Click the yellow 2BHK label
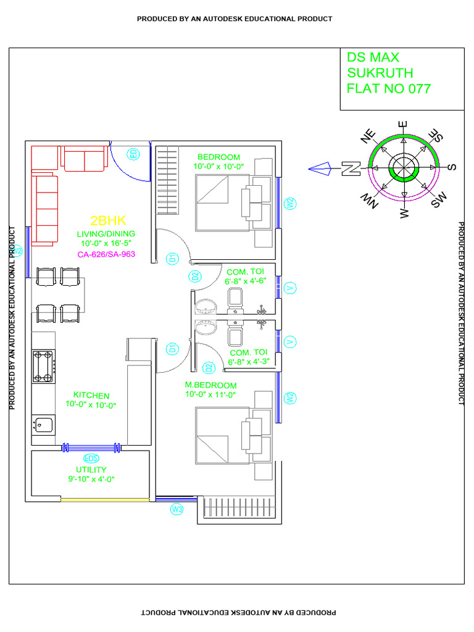click(108, 221)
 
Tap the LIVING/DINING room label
click(106, 234)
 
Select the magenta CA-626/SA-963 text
click(106, 254)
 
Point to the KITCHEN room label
click(91, 395)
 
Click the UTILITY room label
click(91, 470)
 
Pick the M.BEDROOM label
click(210, 385)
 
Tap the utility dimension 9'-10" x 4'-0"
click(92, 479)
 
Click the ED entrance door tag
click(133, 154)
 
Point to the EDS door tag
click(91, 459)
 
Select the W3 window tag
click(177, 509)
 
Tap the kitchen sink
click(42, 425)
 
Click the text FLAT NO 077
click(389, 89)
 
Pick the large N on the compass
click(351, 168)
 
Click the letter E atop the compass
click(404, 125)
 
